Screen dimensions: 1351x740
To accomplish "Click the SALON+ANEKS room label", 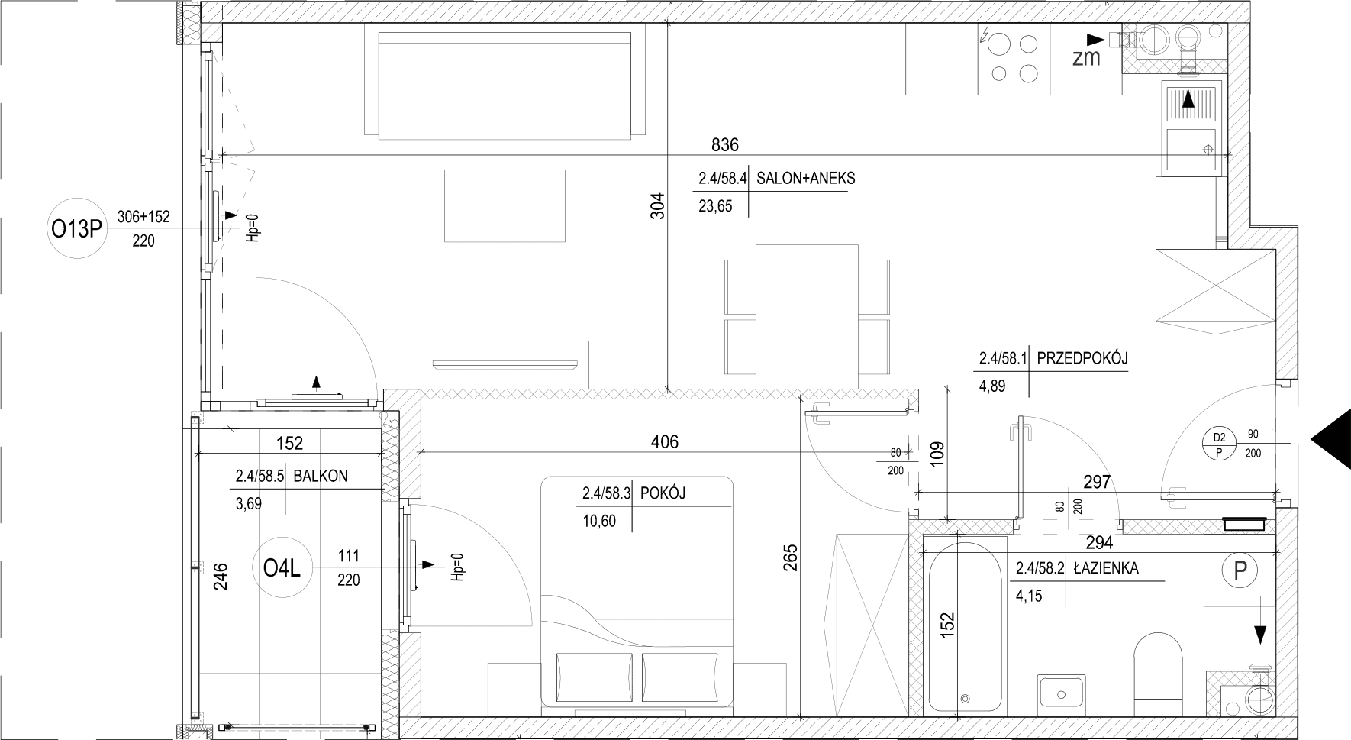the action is click(x=805, y=179).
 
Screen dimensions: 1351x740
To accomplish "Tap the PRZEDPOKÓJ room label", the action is click(x=1082, y=357).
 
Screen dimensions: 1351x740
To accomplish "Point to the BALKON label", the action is click(x=320, y=476).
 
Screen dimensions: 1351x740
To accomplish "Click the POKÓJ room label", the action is click(x=663, y=493).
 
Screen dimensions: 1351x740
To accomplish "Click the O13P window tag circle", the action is click(x=76, y=228).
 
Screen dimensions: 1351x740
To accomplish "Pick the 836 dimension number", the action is click(x=724, y=144).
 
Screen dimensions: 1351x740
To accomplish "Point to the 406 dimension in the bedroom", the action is click(x=664, y=441).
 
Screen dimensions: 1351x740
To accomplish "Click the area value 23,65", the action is click(x=715, y=205).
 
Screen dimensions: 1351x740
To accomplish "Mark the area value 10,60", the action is click(x=598, y=521).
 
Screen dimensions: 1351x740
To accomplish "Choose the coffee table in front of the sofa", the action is click(x=505, y=205).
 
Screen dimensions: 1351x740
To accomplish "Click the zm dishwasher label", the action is click(x=1085, y=57).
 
